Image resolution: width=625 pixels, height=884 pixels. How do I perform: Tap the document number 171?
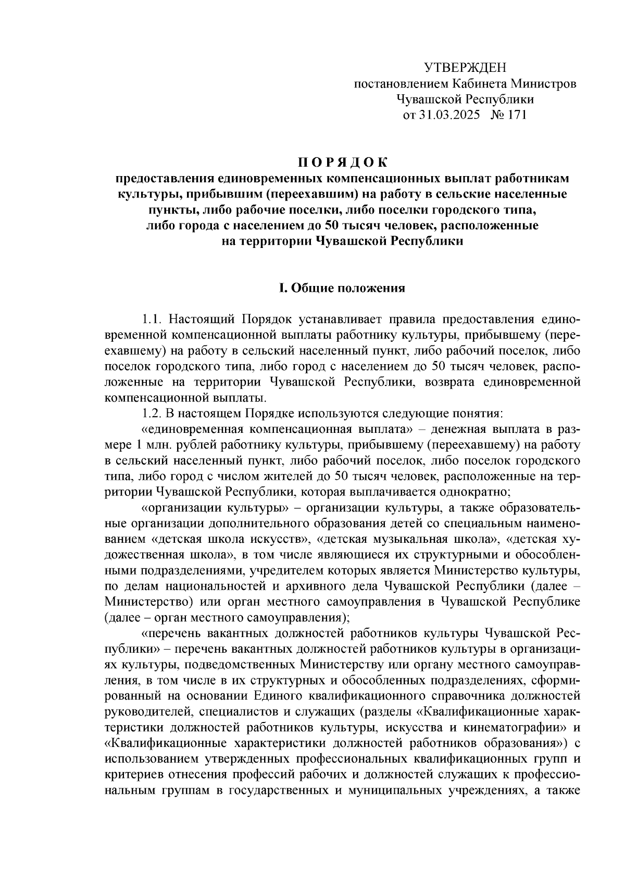tap(516, 115)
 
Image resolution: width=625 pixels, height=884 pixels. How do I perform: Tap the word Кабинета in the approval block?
tap(479, 84)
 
